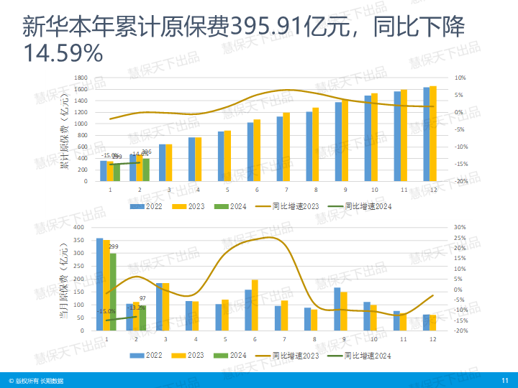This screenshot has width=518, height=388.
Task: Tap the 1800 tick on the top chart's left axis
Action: coord(81,78)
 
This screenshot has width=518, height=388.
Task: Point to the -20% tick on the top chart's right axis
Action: coord(460,181)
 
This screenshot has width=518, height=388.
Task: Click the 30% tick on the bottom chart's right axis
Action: coord(460,228)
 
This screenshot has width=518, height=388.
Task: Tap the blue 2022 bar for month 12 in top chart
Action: coord(426,134)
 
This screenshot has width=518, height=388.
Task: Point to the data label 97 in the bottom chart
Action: coord(142,298)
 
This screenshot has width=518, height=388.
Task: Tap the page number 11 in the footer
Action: coord(504,380)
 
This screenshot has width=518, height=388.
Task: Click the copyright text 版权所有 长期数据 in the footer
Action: coord(39,380)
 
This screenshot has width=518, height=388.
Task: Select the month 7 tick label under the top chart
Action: coord(286,190)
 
